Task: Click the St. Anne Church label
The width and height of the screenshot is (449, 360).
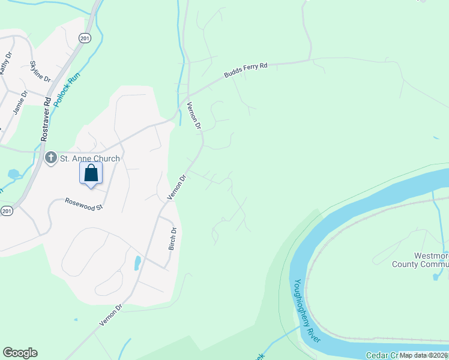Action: pyautogui.click(x=89, y=158)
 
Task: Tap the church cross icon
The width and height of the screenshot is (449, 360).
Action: pyautogui.click(x=50, y=158)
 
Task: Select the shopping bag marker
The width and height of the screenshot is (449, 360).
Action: pyautogui.click(x=91, y=174)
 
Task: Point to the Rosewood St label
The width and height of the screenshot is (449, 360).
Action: pyautogui.click(x=84, y=203)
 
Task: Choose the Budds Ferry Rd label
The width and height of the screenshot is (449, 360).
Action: pyautogui.click(x=246, y=70)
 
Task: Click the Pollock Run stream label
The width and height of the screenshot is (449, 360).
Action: pyautogui.click(x=65, y=89)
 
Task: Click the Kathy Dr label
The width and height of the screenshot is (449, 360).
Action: pyautogui.click(x=5, y=64)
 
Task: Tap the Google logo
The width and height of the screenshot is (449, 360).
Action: pyautogui.click(x=20, y=353)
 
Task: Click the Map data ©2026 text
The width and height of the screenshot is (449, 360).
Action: pyautogui.click(x=423, y=355)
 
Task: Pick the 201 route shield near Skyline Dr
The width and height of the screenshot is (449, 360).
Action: pyautogui.click(x=84, y=37)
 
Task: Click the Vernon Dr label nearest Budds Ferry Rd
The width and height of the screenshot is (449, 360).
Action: pyautogui.click(x=194, y=116)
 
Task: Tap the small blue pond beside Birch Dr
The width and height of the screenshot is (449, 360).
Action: pyautogui.click(x=137, y=263)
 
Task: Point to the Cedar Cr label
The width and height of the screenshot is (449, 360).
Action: pyautogui.click(x=382, y=355)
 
